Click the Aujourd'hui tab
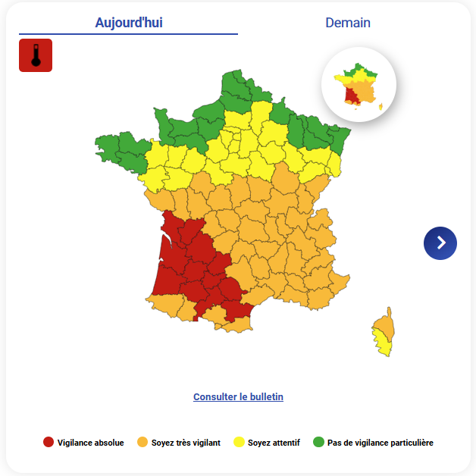tap(128, 23)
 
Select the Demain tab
tap(348, 23)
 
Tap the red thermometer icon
tap(36, 55)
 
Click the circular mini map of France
tap(359, 84)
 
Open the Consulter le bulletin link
tap(238, 396)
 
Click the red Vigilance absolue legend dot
tap(49, 443)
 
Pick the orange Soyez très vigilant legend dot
tap(142, 443)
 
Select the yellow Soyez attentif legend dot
tap(239, 443)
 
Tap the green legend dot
tap(318, 443)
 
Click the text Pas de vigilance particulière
tap(380, 443)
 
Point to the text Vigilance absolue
tap(90, 443)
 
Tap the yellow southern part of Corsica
tap(385, 346)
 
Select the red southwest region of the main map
tap(189, 265)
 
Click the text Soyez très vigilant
tap(186, 443)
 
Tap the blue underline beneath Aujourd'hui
tap(128, 34)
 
